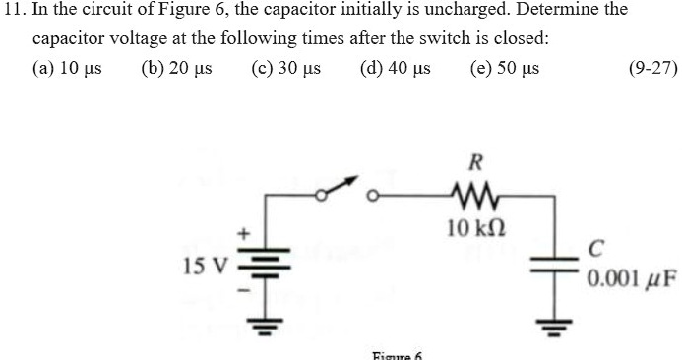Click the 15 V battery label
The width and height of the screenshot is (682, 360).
click(x=204, y=265)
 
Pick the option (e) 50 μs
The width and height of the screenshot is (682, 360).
click(x=505, y=70)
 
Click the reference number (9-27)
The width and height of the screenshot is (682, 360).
click(x=652, y=70)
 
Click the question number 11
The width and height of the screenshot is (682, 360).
click(x=12, y=12)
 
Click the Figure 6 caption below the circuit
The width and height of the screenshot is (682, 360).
click(x=397, y=354)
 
